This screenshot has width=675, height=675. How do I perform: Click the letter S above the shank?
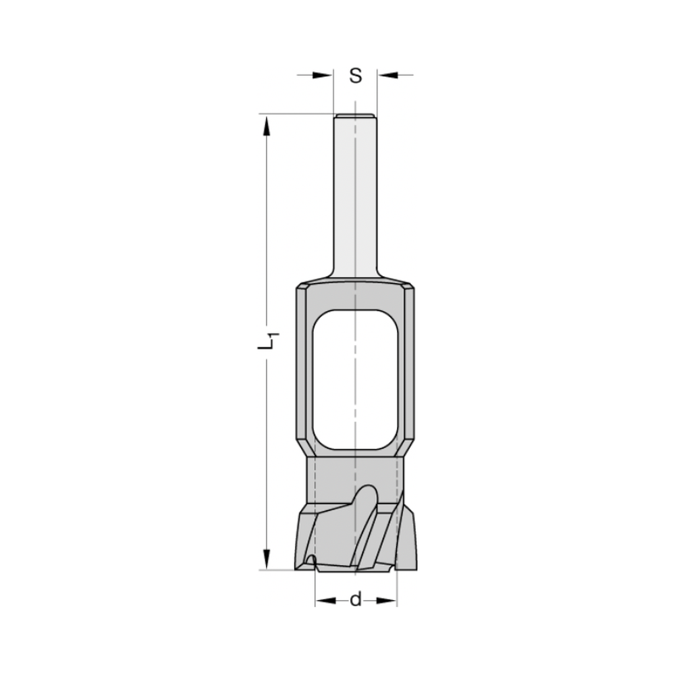pos(356,76)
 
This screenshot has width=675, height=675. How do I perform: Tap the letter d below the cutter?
pos(356,599)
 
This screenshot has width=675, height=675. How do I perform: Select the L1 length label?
pos(268,342)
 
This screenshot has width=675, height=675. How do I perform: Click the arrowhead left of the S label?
pos(325,76)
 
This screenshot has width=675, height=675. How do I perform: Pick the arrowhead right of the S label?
pos(387,76)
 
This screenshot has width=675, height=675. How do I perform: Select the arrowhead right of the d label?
pos(387,599)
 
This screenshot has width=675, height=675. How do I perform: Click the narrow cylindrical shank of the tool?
pos(356,196)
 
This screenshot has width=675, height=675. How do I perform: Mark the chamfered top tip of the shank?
pos(356,115)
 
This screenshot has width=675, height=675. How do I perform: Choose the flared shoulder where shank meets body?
pos(356,278)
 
